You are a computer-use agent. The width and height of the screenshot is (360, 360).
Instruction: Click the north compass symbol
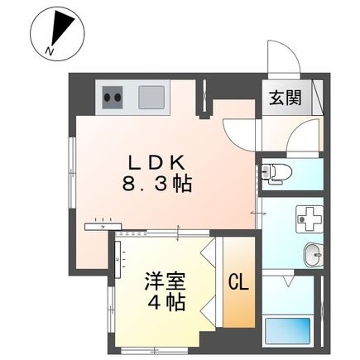(55, 34)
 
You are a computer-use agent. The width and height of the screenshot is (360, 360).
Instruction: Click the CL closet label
(238, 283)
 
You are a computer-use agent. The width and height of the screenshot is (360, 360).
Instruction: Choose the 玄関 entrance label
(282, 98)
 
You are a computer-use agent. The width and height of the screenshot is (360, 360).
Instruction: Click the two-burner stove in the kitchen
(114, 98)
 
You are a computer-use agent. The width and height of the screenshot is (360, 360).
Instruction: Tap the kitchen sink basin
(151, 98)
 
